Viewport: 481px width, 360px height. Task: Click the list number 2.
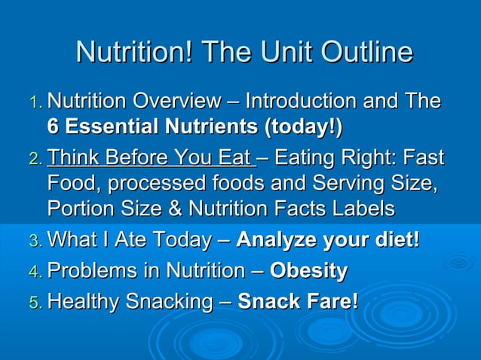tap(35, 160)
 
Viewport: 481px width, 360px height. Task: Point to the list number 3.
tap(35, 242)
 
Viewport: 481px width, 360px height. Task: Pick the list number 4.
tap(35, 272)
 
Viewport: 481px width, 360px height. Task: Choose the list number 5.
tap(35, 303)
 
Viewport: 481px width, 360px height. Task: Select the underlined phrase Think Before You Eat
tap(149, 158)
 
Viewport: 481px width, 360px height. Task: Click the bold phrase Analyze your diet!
tap(328, 241)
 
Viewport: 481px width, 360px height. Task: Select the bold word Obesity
tap(309, 271)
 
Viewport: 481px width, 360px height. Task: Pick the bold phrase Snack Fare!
tap(298, 302)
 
